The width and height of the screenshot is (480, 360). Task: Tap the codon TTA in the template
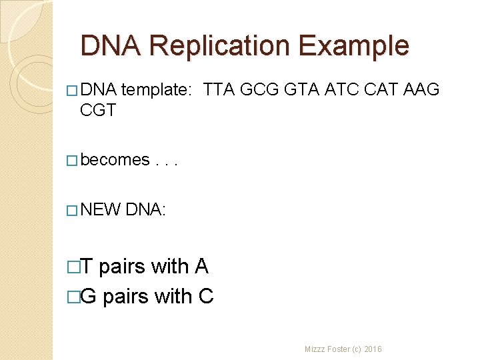click(x=219, y=89)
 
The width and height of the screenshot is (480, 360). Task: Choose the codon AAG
click(x=422, y=89)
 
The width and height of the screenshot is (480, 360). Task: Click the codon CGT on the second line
click(x=98, y=109)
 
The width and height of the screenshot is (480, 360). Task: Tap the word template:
click(x=157, y=89)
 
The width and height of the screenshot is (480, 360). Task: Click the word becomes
click(x=115, y=160)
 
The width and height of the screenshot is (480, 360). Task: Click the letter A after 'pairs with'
click(x=201, y=267)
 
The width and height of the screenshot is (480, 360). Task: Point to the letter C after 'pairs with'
click(x=206, y=296)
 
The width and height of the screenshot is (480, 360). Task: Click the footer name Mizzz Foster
click(x=329, y=349)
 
